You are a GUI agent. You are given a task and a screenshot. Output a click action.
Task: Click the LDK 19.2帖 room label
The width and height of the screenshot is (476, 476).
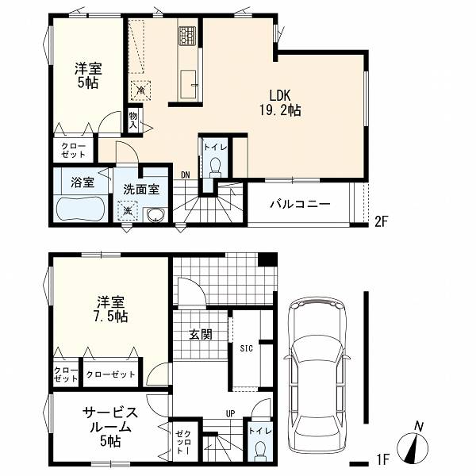point(280,103)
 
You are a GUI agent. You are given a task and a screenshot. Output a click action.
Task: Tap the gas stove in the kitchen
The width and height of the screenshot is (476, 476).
point(187,36)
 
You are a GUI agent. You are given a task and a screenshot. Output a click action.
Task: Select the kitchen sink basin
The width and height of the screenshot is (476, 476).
point(188,85)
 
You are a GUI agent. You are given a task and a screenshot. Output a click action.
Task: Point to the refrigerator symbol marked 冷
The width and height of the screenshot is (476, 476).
point(140,90)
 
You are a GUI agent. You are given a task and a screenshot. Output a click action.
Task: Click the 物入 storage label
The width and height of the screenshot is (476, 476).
point(133,121)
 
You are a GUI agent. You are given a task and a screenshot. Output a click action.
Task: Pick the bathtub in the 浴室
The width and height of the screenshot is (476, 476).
point(80,209)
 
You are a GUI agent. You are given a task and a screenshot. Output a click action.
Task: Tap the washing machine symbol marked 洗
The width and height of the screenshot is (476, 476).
point(128,211)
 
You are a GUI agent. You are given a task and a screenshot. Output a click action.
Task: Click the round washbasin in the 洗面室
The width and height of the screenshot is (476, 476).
point(155,215)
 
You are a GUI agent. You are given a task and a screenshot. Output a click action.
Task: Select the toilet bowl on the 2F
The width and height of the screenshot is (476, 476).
point(216,167)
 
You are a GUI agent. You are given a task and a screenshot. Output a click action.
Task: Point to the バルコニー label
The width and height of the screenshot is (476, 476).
point(300,204)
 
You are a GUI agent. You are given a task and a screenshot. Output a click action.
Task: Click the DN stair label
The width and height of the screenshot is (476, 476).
point(185,175)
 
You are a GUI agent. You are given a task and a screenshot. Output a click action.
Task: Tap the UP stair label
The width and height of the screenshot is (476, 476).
point(230,413)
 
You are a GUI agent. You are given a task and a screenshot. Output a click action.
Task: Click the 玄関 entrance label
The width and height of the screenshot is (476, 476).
point(201,334)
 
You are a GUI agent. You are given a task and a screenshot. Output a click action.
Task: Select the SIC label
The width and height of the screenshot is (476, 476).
point(246,348)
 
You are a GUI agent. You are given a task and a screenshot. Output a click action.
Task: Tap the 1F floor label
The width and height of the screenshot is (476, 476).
point(382,460)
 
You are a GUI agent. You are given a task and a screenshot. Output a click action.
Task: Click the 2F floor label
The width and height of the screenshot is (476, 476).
point(382,221)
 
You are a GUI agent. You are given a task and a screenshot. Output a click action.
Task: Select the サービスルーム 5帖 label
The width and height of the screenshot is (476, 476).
point(110,427)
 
